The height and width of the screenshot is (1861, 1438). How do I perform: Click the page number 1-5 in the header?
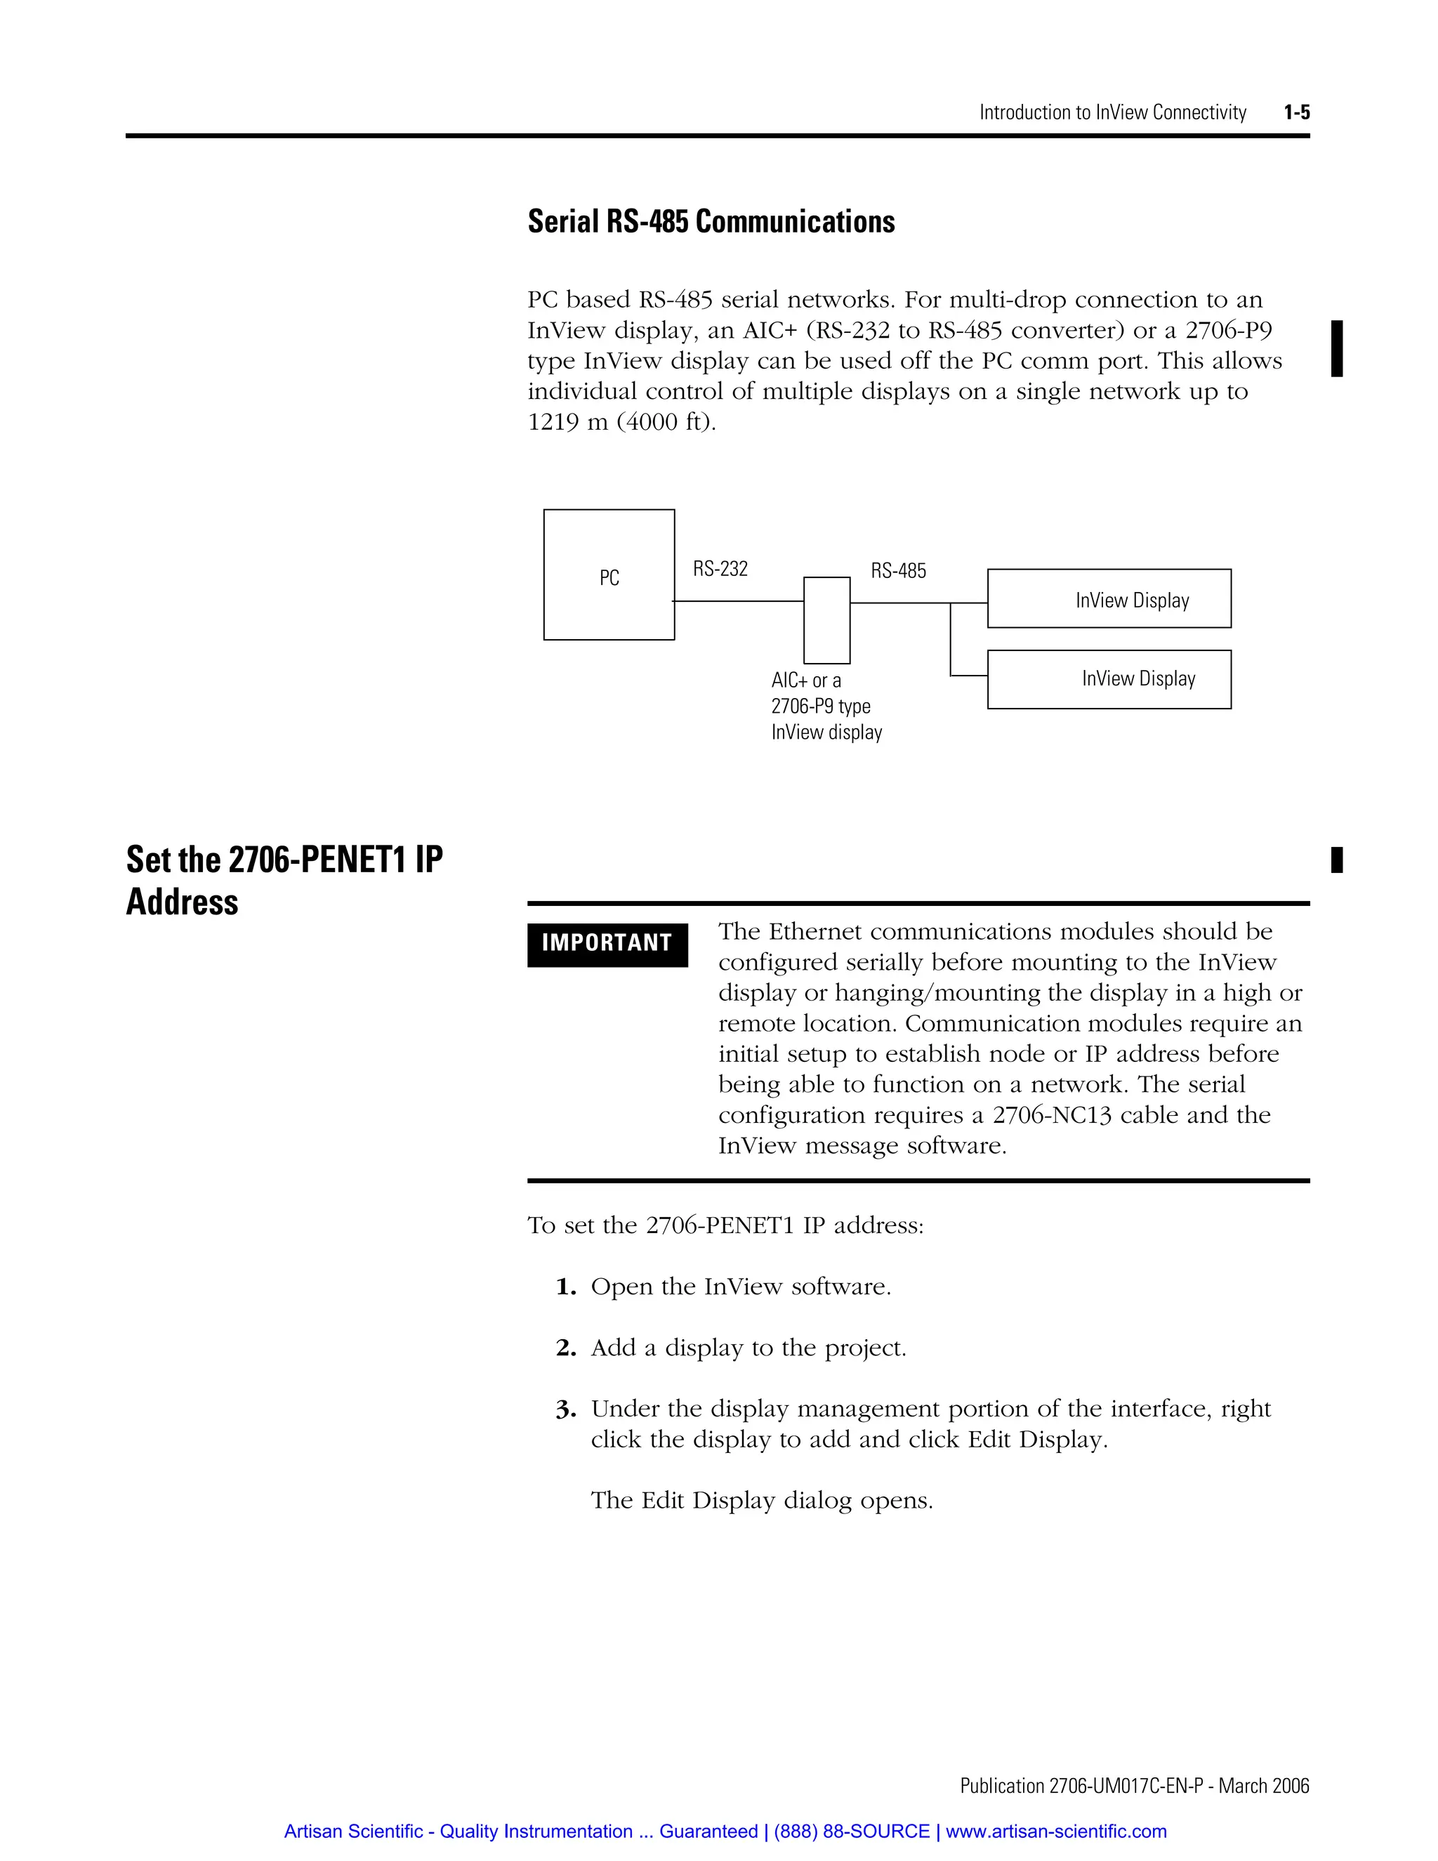click(x=1297, y=112)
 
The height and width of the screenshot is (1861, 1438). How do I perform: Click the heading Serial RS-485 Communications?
click(x=711, y=221)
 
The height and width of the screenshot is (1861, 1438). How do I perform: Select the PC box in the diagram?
click(x=609, y=575)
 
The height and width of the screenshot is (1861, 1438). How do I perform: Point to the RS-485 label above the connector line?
click(x=898, y=571)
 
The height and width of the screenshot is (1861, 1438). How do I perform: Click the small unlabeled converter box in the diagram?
click(x=826, y=620)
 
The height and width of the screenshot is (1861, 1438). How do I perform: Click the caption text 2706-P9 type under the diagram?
click(x=820, y=706)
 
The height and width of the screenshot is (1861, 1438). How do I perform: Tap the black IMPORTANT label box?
click(x=607, y=944)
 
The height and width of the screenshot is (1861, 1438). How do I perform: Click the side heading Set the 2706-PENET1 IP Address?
click(x=284, y=880)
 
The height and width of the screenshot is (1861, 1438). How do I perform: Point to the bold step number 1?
click(x=566, y=1287)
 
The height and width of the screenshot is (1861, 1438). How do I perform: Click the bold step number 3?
click(x=566, y=1409)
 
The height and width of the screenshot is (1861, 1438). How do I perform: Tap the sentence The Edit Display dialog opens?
click(x=762, y=1501)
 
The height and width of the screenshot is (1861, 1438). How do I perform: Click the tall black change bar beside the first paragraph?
click(x=1337, y=348)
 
